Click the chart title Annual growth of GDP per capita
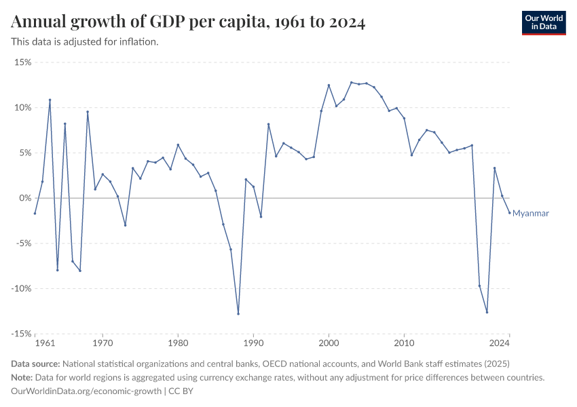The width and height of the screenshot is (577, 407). pos(189,22)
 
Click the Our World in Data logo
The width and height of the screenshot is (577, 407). pos(543,22)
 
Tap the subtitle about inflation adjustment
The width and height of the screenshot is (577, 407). pos(85,42)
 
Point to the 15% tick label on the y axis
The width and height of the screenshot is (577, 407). pos(22,62)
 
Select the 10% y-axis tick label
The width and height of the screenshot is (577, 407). pos(22,108)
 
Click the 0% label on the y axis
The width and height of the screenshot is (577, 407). pos(25,198)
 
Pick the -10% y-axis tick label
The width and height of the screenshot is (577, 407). pos(21,288)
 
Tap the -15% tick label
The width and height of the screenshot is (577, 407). pos(21,334)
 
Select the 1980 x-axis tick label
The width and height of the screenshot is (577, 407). pos(178,344)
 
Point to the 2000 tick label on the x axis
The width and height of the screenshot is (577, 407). pos(329,344)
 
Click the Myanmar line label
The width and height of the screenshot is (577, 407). pos(530,213)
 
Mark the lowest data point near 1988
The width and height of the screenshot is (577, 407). pos(238,313)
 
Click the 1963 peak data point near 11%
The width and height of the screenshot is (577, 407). pos(50,100)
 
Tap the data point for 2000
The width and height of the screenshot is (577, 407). pos(329,85)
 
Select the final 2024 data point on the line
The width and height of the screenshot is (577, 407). pos(509,213)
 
